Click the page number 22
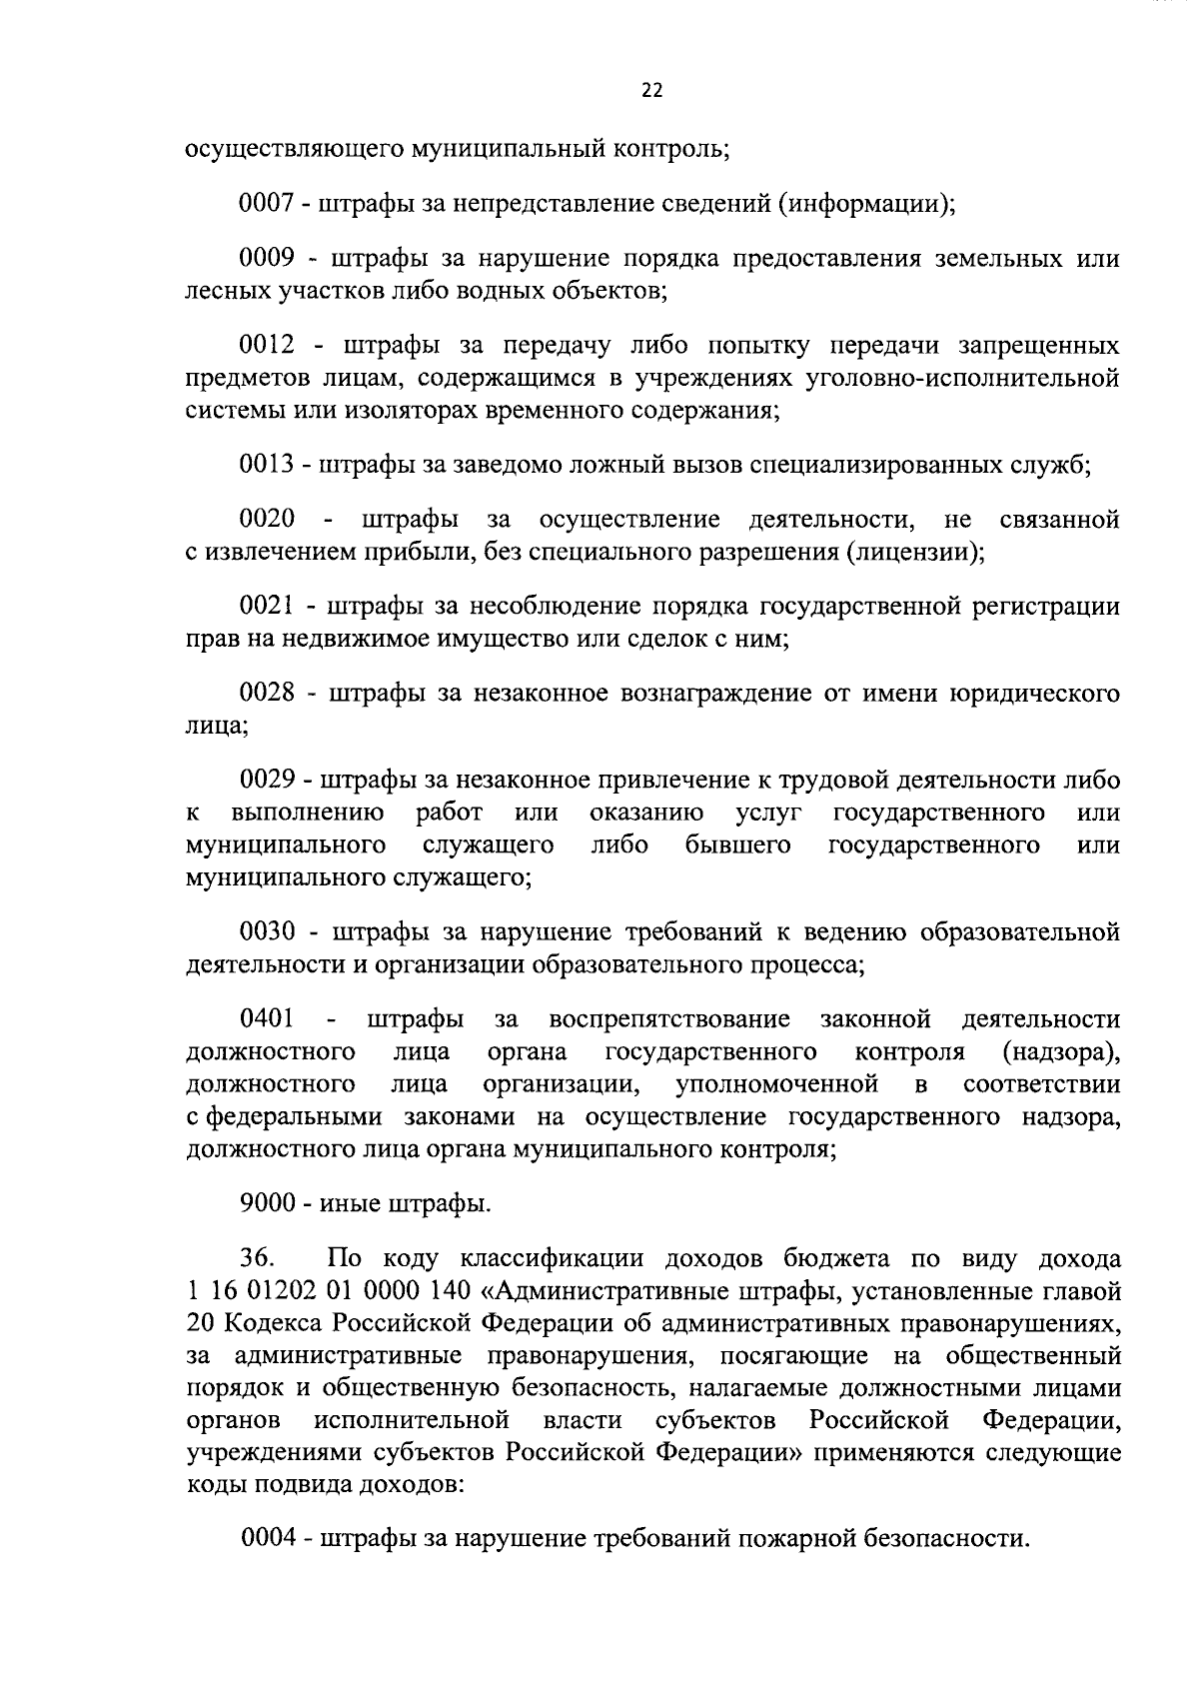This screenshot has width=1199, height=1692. [x=650, y=91]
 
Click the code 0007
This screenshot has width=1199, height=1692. [x=265, y=205]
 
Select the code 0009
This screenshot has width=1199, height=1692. [x=265, y=259]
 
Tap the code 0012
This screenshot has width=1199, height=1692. [x=267, y=346]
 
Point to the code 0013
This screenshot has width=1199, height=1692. [x=265, y=465]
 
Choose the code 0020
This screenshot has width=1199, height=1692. [x=267, y=520]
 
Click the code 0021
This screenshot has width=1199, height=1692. [x=265, y=607]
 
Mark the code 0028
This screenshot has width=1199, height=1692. [x=267, y=694]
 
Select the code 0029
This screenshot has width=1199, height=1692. [x=265, y=780]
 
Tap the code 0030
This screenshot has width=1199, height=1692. [x=267, y=932]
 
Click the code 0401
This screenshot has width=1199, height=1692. [x=267, y=1019]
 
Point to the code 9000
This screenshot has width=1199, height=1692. [x=265, y=1203]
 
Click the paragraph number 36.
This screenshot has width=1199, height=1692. [x=258, y=1258]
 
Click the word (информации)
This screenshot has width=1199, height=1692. [x=866, y=205]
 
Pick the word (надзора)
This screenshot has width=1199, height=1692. [x=1061, y=1052]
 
